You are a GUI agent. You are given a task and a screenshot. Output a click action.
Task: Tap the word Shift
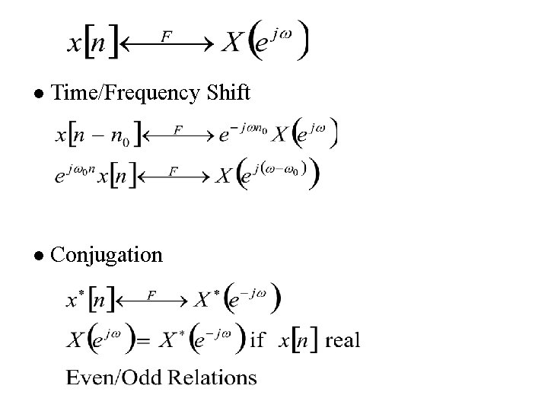point(226,93)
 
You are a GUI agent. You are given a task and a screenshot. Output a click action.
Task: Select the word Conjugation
point(106,255)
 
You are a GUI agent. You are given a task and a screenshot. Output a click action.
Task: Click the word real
point(342,339)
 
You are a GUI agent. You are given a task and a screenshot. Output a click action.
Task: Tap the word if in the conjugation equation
point(259,339)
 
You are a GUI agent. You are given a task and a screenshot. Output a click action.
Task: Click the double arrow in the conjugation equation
point(152,301)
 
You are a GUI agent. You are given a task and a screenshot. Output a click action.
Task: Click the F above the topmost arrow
point(166,34)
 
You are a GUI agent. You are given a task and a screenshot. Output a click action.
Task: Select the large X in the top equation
point(232,43)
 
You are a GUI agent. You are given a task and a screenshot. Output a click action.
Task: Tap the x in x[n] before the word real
point(284,340)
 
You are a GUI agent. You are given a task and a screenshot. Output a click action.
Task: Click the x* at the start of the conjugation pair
point(72,300)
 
